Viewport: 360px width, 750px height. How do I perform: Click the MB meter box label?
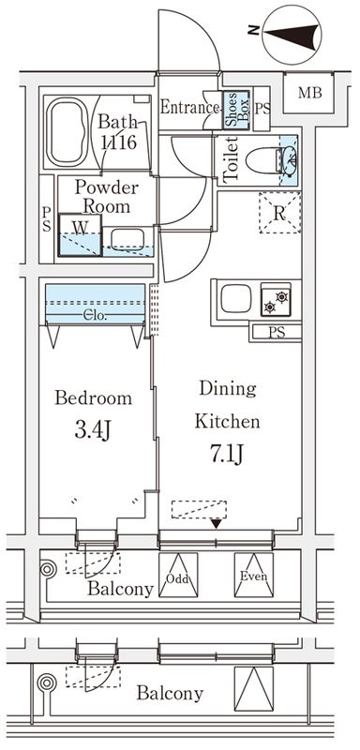[x=309, y=93]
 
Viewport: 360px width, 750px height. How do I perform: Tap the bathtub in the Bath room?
[x=67, y=132]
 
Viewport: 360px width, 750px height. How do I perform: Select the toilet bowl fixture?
[x=263, y=160]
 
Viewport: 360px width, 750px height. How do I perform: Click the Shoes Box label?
[x=237, y=110]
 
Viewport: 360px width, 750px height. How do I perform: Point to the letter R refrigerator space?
[x=279, y=214]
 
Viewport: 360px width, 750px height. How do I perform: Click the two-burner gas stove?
[x=276, y=298]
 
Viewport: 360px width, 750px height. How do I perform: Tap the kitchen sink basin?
[x=236, y=298]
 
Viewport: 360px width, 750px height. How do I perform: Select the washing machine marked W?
[x=80, y=235]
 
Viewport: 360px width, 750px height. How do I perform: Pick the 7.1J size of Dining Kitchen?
[x=227, y=454]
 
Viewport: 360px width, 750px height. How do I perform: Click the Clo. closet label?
[x=96, y=316]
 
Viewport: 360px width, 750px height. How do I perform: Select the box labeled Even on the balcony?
[x=253, y=575]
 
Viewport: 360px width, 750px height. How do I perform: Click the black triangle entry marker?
[x=217, y=523]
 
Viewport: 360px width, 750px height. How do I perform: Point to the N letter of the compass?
[x=253, y=30]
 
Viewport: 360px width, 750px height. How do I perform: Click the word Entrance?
[x=189, y=107]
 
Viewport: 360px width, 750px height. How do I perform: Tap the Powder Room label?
[x=107, y=197]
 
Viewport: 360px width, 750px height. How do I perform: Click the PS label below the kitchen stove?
[x=277, y=333]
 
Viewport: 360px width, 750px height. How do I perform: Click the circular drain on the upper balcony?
[x=47, y=569]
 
